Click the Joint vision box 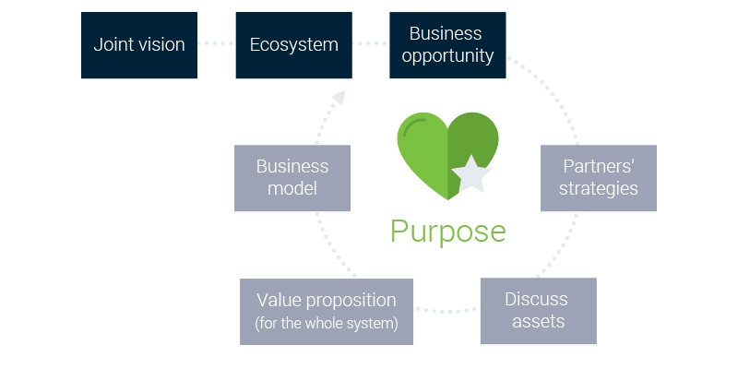coord(139,44)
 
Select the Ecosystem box coord(294,44)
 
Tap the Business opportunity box coord(446,44)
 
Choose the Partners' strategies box coord(599,178)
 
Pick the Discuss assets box coord(537,311)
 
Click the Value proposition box coord(327,311)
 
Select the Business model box coord(292,178)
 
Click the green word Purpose coord(447,231)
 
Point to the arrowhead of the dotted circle coord(340,96)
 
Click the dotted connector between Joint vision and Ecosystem coord(217,44)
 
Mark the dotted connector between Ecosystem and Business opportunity coord(371,44)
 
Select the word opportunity coord(446,55)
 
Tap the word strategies coord(599,189)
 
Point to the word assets coord(537,322)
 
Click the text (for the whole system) coord(327,323)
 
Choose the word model coord(292,189)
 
